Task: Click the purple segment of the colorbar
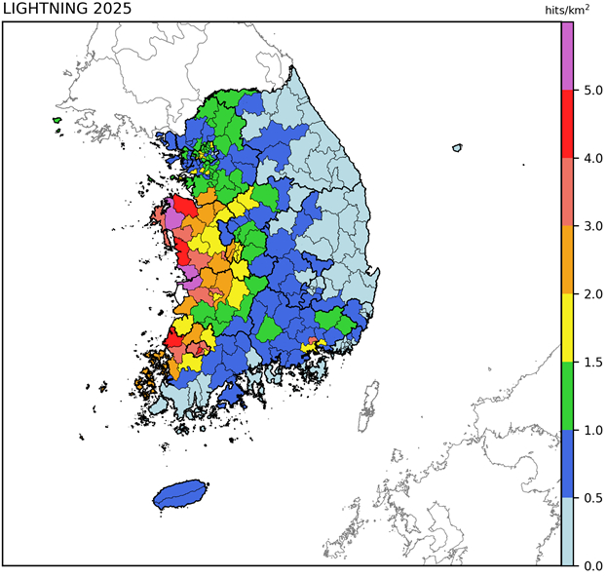click(567, 57)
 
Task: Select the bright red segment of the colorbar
click(567, 125)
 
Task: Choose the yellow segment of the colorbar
click(567, 328)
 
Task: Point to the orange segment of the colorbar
click(567, 260)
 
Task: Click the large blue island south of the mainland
click(181, 494)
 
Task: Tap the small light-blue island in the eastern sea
click(457, 148)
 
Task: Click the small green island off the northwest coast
click(57, 121)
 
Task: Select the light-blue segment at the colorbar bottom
click(567, 532)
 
